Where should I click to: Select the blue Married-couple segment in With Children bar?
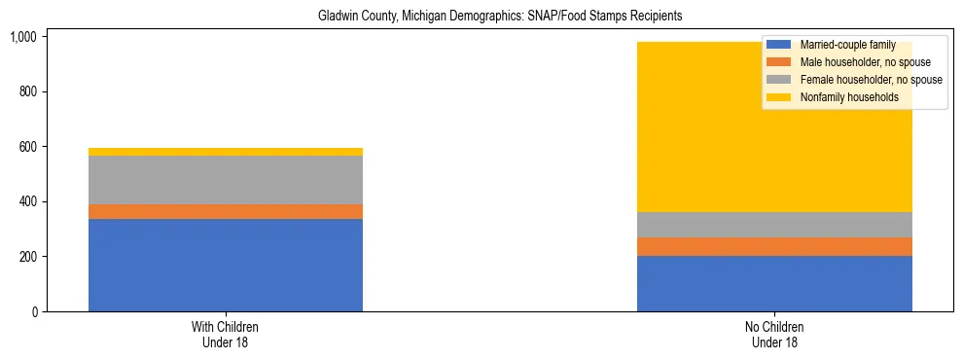pyautogui.click(x=226, y=265)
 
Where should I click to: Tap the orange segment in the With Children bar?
pyautogui.click(x=226, y=211)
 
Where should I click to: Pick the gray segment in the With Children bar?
pyautogui.click(x=226, y=180)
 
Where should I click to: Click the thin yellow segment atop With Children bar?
pyautogui.click(x=226, y=152)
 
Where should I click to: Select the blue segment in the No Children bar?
pyautogui.click(x=774, y=283)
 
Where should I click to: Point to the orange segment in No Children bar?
pyautogui.click(x=774, y=246)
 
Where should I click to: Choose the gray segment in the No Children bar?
pyautogui.click(x=774, y=225)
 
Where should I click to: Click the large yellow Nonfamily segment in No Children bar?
pyautogui.click(x=681, y=126)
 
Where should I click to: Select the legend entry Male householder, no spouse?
pyautogui.click(x=863, y=62)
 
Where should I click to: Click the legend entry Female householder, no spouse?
pyautogui.click(x=869, y=80)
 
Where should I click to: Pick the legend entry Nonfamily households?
pyautogui.click(x=847, y=97)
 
